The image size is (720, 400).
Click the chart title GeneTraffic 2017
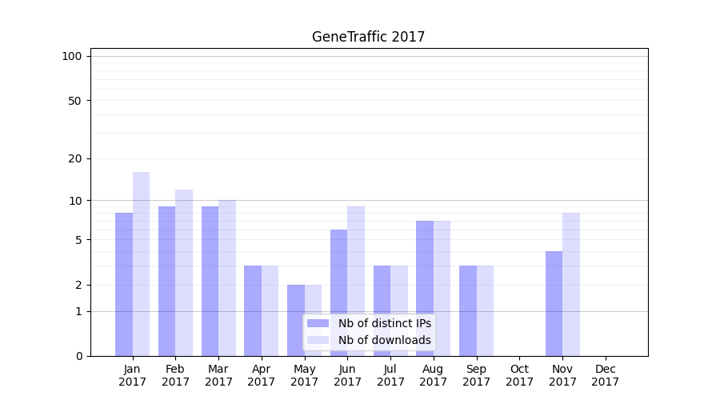tap(368, 37)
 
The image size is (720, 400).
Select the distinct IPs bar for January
tap(124, 284)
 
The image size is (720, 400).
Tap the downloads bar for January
tap(142, 264)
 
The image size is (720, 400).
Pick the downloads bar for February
tap(184, 273)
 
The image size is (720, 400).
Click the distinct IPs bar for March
tap(210, 281)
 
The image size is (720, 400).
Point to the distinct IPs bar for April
tap(253, 310)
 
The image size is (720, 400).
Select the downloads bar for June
tap(356, 281)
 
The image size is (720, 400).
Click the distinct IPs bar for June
tap(339, 293)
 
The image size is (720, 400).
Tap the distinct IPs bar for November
tap(554, 303)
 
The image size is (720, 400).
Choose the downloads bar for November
tap(571, 284)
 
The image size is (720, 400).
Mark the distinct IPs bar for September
tap(468, 310)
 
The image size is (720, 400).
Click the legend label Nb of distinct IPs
tap(384, 323)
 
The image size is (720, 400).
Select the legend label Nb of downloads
tap(384, 340)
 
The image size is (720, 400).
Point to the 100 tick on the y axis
tap(72, 56)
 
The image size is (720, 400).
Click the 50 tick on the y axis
tap(75, 101)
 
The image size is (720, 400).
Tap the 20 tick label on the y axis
tap(75, 158)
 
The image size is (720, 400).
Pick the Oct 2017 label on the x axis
tap(519, 375)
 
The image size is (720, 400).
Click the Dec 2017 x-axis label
tap(606, 375)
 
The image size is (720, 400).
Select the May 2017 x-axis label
tap(305, 375)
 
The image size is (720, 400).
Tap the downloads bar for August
tap(442, 288)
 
